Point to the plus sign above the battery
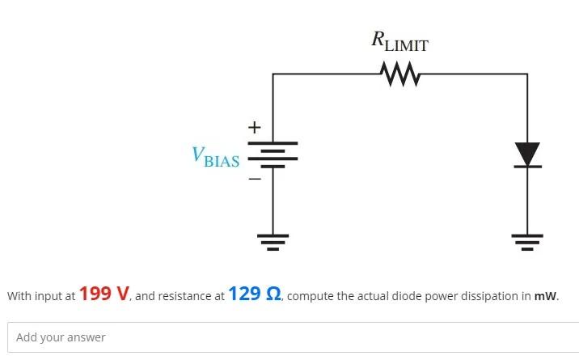coord(254,127)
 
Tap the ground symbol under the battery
coord(273,241)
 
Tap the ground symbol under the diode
coord(527,241)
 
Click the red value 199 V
coord(104,294)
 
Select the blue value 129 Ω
coord(255,294)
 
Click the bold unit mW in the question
coord(545,296)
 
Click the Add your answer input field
coord(291,337)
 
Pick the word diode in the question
coord(408,296)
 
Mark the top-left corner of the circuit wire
coord(273,74)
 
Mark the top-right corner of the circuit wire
coord(527,74)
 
